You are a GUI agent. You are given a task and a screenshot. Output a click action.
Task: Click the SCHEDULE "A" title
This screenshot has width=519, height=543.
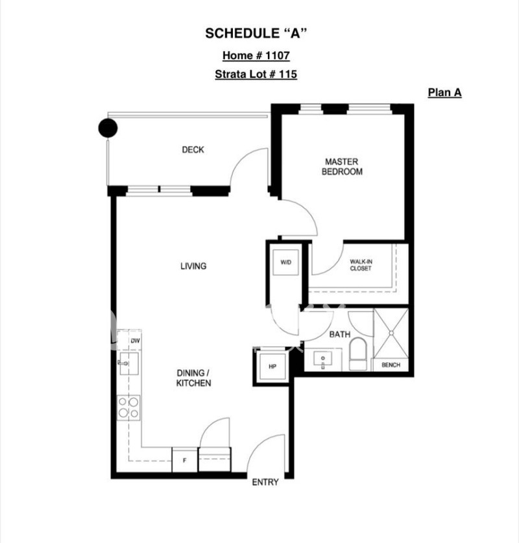point(256,33)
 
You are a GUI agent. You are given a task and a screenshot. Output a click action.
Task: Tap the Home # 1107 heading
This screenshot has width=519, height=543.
point(256,55)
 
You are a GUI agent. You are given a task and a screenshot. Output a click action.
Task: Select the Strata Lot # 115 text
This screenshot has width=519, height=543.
point(256,74)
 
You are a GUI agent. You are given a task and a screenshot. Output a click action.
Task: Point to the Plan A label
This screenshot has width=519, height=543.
point(444,93)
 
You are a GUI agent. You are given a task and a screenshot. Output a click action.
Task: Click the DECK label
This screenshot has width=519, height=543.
point(193,150)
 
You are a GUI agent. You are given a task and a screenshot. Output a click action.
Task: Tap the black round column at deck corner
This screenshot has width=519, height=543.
point(108,128)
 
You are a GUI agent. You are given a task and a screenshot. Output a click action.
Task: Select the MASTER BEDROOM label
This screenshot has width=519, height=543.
point(342,167)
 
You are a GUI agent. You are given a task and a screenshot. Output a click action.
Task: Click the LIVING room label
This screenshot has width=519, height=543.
point(193,266)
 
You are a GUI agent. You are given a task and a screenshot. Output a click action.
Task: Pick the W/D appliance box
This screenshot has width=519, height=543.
point(285,262)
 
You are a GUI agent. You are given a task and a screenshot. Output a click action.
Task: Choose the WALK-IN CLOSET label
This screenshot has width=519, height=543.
point(361,265)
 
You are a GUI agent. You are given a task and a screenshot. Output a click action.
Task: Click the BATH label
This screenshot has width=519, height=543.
point(340,334)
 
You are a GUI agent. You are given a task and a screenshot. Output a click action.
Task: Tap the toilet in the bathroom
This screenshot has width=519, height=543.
point(357,354)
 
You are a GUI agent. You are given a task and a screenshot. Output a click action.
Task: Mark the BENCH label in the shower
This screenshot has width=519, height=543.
point(391,365)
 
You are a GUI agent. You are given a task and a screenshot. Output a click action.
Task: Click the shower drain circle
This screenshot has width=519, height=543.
point(391,333)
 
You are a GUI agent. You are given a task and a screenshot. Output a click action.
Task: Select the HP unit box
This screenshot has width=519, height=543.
point(272,367)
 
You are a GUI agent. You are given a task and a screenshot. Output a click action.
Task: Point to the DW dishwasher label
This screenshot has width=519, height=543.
point(135,341)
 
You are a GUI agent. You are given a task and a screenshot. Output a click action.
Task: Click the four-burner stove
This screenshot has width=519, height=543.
point(128,407)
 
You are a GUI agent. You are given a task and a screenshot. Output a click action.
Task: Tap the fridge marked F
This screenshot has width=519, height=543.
point(185,460)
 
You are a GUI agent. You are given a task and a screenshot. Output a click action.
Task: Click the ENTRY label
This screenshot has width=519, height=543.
point(265,482)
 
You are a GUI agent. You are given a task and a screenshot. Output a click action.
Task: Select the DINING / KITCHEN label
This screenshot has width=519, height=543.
point(193,378)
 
